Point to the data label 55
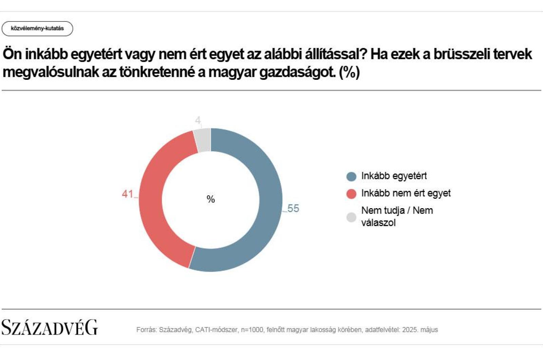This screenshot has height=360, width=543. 293,209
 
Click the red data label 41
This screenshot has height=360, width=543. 128,194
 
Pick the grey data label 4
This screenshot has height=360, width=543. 198,120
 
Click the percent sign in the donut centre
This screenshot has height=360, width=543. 211,199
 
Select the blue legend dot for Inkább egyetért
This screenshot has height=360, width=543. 351,177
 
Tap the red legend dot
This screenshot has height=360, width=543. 351,194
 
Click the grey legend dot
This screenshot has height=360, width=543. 351,217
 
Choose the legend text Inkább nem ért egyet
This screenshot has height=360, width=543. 406,193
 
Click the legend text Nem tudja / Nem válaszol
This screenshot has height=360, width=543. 397,216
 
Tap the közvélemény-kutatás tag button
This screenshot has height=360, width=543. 37,29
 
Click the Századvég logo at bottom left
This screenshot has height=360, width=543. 50,327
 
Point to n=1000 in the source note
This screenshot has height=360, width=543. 252,330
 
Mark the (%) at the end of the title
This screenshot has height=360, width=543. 349,72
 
